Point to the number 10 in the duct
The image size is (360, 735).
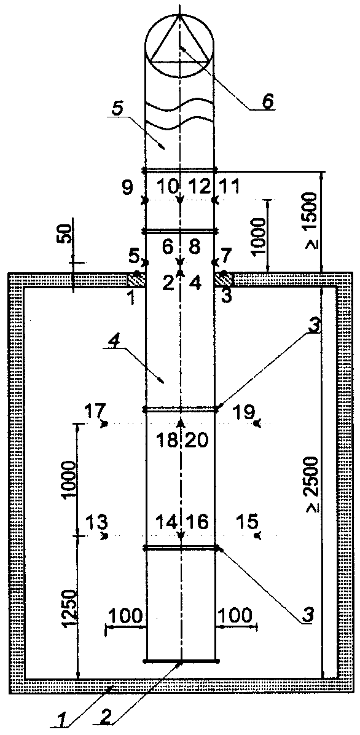pyautogui.click(x=167, y=187)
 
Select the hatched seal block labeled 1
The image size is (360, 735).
pyautogui.click(x=136, y=280)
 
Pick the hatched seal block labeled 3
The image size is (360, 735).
pyautogui.click(x=224, y=280)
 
